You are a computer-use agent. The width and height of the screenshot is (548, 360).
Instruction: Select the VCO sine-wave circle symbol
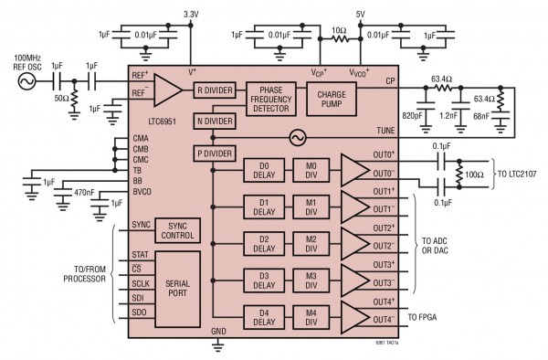[x=297, y=137]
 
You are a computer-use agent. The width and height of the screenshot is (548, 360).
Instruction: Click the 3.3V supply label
[x=191, y=14]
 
